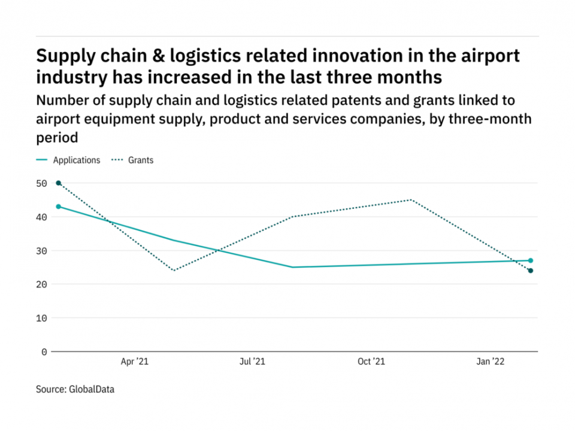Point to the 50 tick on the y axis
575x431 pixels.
[41, 183]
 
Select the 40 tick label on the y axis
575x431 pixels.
[41, 217]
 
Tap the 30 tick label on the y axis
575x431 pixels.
[41, 251]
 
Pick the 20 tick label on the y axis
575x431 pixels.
[41, 284]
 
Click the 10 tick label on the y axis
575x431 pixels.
[41, 318]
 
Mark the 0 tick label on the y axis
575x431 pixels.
[44, 352]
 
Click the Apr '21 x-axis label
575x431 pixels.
[134, 362]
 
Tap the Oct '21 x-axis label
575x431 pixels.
[371, 362]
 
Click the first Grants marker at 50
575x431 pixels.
[58, 183]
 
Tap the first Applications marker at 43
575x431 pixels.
[58, 207]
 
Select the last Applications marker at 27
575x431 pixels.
[531, 260]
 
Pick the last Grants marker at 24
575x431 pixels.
[531, 271]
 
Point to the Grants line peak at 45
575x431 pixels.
[411, 200]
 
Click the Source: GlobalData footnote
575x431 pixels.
[75, 390]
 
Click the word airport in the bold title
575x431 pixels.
[485, 56]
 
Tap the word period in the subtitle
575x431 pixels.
[57, 138]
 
